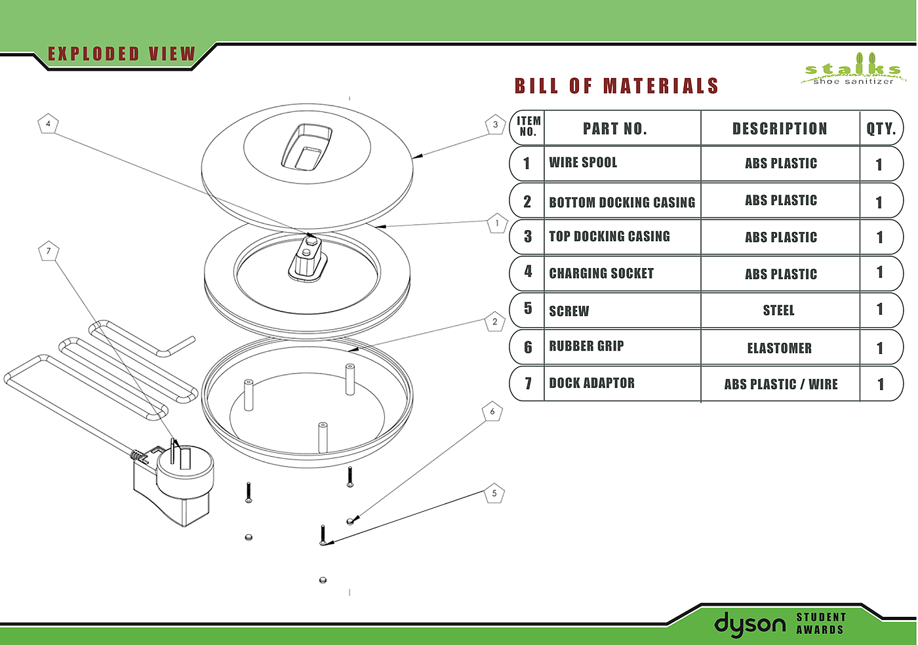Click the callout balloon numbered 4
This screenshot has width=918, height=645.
[49, 124]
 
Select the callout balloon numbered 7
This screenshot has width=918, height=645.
[49, 251]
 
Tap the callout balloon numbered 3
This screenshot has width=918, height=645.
[495, 125]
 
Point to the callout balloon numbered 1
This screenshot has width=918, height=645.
[498, 224]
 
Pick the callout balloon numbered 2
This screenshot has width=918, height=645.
[495, 321]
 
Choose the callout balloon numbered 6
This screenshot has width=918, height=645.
[492, 412]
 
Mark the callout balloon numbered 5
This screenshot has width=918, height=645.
[494, 494]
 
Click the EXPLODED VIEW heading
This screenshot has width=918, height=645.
[122, 54]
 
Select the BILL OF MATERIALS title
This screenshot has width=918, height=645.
[616, 86]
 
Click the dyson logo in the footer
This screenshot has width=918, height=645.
[749, 625]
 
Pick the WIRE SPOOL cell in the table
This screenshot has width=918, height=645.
[583, 163]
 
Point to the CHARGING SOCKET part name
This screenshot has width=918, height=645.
[601, 273]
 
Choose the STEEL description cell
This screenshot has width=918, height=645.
[779, 310]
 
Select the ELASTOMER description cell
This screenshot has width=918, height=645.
[780, 348]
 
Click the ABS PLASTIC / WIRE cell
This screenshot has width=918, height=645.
[781, 384]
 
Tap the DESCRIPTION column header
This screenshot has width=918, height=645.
[780, 128]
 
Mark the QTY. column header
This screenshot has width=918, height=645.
[881, 128]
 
